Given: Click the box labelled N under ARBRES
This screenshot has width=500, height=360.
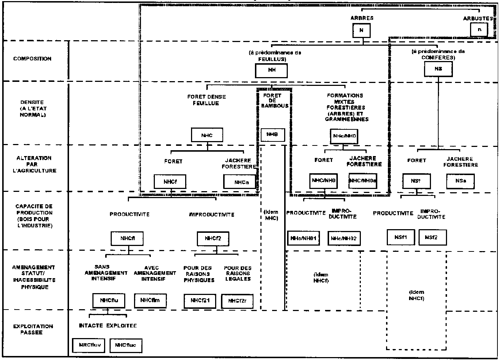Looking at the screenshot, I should (x=362, y=30).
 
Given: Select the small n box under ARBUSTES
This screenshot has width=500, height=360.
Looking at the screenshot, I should (x=479, y=30).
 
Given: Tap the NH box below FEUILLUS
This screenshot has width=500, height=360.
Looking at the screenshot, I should (x=271, y=71).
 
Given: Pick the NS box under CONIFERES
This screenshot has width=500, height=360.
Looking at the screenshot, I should (x=438, y=69).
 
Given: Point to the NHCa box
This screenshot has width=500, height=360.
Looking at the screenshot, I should (x=239, y=182).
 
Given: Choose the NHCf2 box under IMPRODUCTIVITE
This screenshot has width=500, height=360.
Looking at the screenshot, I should (x=212, y=239).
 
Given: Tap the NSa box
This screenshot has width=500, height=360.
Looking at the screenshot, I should (x=460, y=181).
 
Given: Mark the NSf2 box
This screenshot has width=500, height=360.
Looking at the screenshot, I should (x=432, y=237).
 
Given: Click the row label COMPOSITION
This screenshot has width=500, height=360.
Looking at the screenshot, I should (x=32, y=59).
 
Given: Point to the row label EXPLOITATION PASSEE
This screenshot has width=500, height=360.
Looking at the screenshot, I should (x=33, y=329).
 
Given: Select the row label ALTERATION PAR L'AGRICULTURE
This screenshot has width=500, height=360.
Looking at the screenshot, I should (x=34, y=164).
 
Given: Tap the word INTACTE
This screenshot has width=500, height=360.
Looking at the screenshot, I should (x=91, y=325).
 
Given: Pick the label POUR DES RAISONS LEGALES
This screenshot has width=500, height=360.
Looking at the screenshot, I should (x=238, y=273).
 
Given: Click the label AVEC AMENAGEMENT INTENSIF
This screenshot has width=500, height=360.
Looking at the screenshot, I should (x=154, y=273).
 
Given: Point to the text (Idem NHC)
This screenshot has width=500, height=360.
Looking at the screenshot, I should (x=271, y=215).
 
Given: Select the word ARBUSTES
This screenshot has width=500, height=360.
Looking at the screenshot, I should (x=478, y=18).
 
